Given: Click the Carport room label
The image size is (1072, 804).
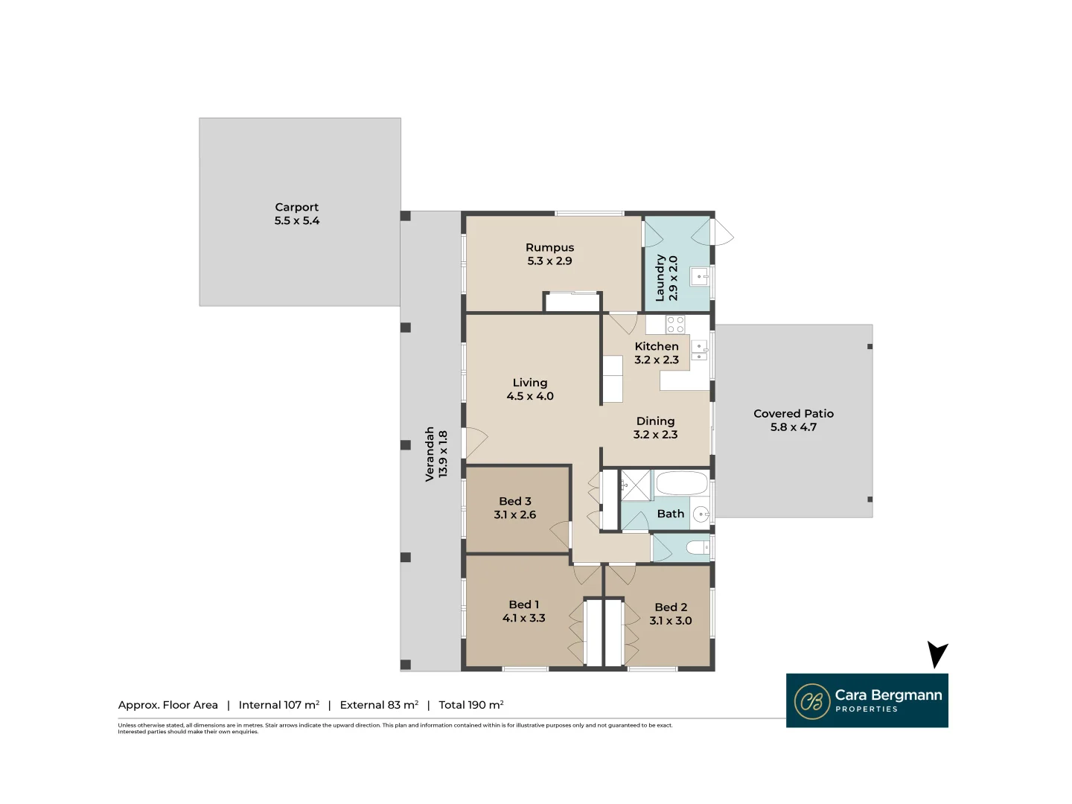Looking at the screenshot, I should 296,208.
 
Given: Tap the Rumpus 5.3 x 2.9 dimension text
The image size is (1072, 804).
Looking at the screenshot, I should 549,261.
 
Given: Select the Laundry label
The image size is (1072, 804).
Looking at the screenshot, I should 660,278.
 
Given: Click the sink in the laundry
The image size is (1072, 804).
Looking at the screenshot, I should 699,276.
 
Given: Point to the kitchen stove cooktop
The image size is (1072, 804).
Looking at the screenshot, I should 675,325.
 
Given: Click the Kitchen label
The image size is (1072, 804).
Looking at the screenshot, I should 656,346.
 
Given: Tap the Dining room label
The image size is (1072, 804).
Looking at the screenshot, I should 655,421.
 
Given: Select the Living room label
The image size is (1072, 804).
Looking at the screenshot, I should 529,383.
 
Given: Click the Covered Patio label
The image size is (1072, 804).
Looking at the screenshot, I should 793,414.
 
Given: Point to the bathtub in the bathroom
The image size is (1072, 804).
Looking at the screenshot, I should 681,483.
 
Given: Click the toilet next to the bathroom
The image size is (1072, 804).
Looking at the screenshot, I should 698,549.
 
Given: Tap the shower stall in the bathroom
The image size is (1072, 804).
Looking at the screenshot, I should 636,485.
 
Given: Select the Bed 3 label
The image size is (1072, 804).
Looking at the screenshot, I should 514,501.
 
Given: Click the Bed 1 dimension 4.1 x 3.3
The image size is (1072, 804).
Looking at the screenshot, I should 523,619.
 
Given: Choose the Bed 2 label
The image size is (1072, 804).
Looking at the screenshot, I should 670,607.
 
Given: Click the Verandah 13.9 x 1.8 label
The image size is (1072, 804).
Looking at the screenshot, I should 436,453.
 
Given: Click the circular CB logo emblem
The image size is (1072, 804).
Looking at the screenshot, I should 811,701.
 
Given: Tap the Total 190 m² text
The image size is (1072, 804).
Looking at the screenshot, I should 470,705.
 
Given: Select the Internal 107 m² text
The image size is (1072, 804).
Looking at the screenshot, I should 278,705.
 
